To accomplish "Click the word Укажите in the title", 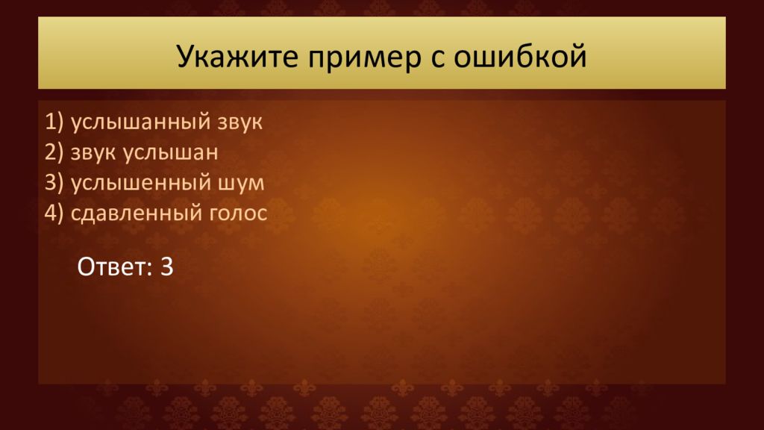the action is (x=237, y=56).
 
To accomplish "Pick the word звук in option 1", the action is (x=239, y=122).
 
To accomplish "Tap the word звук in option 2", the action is (x=93, y=152).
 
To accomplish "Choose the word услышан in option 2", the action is (x=170, y=152).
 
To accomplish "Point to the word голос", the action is (x=238, y=214).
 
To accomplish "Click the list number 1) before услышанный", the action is (x=54, y=122).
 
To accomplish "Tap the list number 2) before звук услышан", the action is (x=54, y=152).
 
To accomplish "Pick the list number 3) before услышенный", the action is (x=54, y=183).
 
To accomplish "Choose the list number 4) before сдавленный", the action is (x=54, y=213).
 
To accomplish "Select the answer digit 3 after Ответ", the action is (x=166, y=267).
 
